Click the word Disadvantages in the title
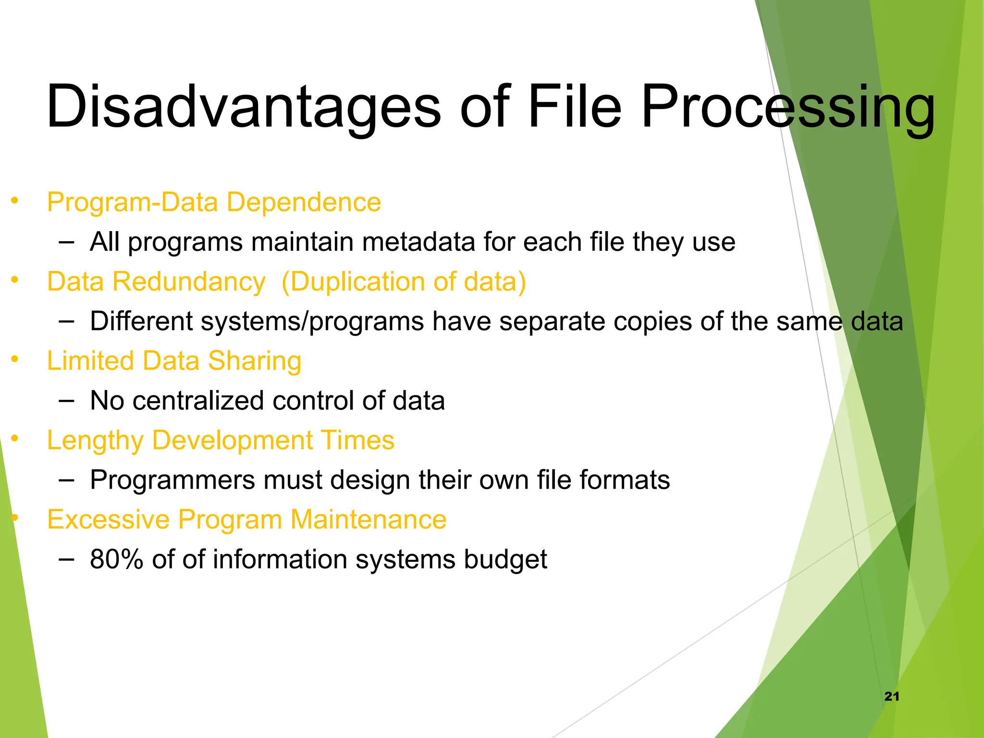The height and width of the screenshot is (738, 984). click(x=243, y=107)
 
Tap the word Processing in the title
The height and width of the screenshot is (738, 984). click(x=788, y=107)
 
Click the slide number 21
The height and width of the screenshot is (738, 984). click(x=891, y=696)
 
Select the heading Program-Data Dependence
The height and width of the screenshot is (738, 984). click(x=214, y=202)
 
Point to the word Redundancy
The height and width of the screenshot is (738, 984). click(x=189, y=282)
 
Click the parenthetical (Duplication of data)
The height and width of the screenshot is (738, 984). click(x=404, y=282)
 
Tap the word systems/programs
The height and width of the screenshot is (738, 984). click(x=312, y=321)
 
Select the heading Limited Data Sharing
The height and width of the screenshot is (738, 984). click(x=174, y=361)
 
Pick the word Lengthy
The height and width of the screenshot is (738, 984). click(x=95, y=441)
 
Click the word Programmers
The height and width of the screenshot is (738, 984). click(x=172, y=480)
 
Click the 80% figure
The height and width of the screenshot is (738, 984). click(x=116, y=560)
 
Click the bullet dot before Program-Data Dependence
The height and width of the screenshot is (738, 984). click(x=15, y=200)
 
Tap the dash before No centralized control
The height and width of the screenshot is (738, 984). click(x=66, y=400)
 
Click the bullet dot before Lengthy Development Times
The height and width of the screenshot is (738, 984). click(x=15, y=438)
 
